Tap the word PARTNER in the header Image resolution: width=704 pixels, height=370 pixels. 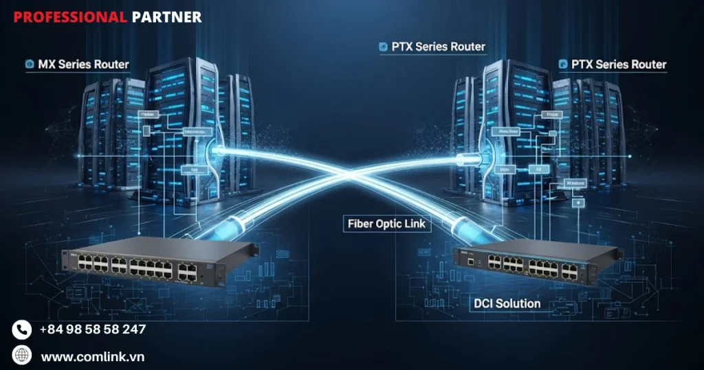(166, 17)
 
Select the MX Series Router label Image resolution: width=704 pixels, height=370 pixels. (83, 65)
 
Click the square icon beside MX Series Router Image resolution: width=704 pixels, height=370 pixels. (30, 65)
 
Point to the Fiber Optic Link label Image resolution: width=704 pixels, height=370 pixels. (387, 224)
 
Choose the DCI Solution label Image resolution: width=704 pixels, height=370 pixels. (507, 303)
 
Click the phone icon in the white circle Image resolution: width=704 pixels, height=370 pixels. (22, 329)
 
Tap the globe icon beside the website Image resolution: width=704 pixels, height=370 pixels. (22, 356)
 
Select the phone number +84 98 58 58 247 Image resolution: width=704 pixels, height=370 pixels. (93, 329)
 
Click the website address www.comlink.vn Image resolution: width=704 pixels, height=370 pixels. (92, 357)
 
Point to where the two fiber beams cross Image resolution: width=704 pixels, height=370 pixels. (350, 175)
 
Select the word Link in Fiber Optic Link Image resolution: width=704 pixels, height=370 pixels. (415, 224)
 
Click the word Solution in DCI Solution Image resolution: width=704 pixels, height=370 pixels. (520, 303)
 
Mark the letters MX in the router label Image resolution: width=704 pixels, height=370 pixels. (47, 65)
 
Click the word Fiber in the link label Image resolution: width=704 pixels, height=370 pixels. (362, 224)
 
